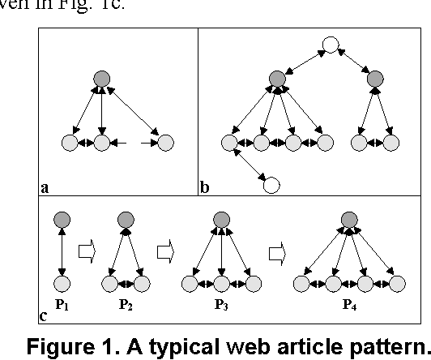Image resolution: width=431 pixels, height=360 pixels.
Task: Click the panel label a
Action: click(x=44, y=187)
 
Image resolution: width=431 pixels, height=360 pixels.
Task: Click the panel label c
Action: click(x=44, y=315)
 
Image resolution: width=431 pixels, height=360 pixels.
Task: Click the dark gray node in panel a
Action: click(x=101, y=79)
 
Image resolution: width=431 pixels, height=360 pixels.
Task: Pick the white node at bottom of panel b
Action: click(x=272, y=185)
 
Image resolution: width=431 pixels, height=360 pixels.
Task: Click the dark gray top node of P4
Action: click(x=348, y=219)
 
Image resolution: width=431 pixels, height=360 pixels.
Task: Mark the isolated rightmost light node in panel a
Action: click(x=166, y=144)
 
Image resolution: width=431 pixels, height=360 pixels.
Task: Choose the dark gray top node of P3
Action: click(x=220, y=219)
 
